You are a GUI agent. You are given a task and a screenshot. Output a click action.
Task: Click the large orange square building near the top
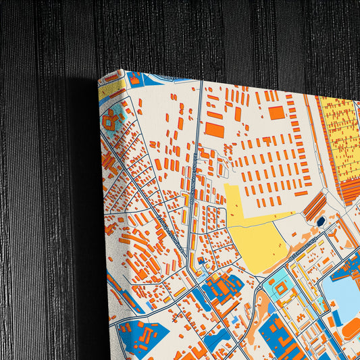click(x=276, y=113)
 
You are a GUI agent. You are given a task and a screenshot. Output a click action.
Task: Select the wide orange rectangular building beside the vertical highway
click(x=214, y=129)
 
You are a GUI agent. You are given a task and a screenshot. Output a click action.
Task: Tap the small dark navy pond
click(x=320, y=221)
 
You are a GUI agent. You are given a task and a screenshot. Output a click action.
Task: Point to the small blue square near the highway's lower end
click(x=201, y=261)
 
